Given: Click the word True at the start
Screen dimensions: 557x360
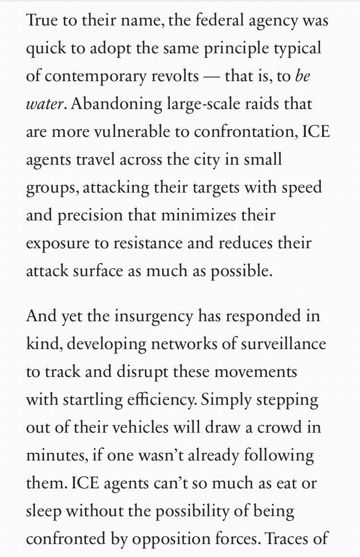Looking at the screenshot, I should tap(42, 21).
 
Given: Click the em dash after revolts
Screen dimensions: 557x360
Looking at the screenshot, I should tap(212, 76).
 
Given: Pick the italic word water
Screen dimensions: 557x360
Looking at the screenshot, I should tap(44, 104).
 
